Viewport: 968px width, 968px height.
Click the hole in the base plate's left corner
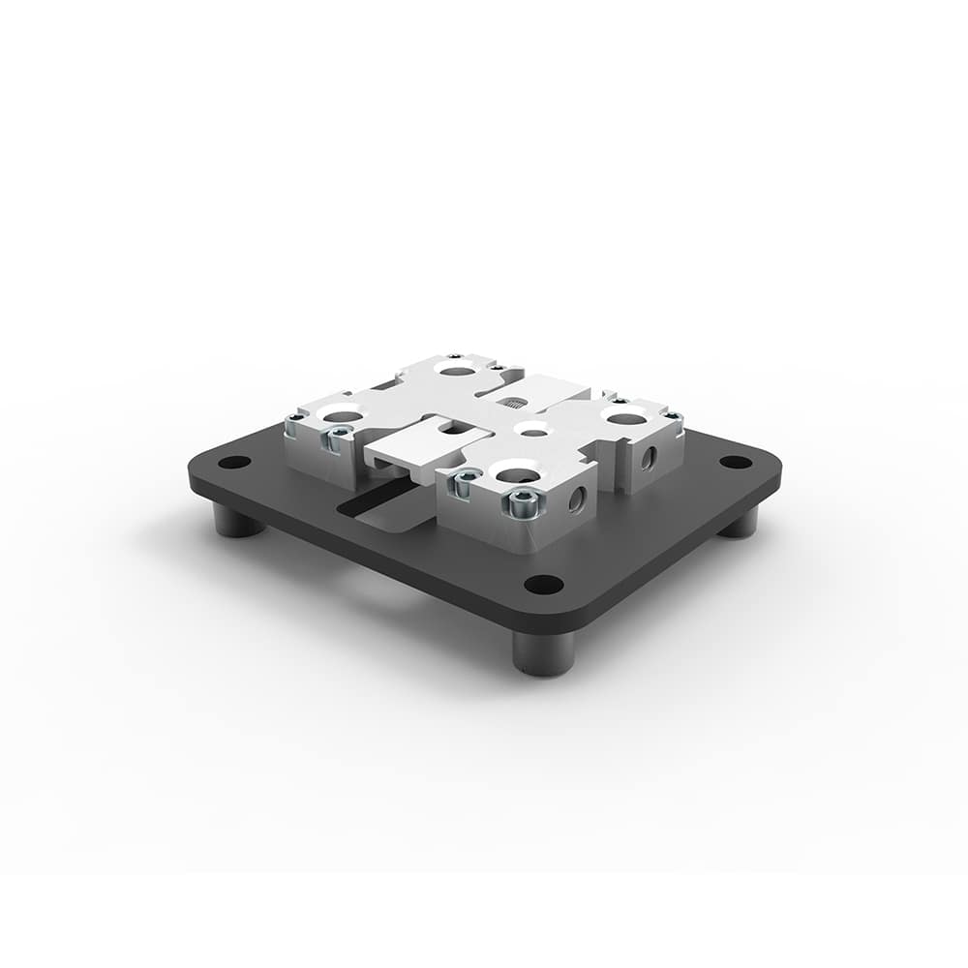(229, 462)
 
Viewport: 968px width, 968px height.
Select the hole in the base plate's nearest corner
(545, 584)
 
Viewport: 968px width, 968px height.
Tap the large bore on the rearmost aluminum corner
(452, 369)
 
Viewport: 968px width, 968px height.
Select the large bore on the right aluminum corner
(624, 417)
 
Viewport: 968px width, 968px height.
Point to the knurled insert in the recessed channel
(510, 402)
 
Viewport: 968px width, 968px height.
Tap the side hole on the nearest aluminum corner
(578, 499)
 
